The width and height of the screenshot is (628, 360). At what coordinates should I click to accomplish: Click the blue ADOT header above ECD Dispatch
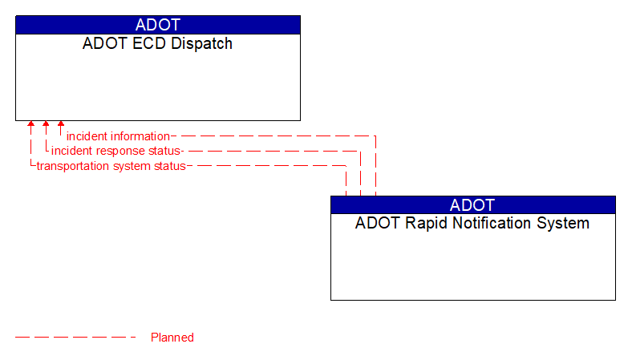(157, 25)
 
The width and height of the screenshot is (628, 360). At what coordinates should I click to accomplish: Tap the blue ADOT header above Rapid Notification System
(472, 204)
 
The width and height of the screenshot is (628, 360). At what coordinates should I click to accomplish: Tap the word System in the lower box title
(565, 223)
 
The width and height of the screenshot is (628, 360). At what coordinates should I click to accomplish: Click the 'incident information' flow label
(118, 136)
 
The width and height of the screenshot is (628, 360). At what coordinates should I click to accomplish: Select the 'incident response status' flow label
(117, 151)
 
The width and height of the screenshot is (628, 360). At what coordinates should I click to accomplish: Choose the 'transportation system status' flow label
(111, 166)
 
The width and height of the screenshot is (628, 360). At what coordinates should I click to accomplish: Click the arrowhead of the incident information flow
(61, 125)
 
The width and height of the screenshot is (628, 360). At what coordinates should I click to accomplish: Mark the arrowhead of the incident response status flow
(46, 125)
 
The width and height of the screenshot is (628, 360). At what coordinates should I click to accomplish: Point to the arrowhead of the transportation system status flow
(30, 125)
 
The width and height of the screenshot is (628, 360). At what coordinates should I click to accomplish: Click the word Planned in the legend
(172, 338)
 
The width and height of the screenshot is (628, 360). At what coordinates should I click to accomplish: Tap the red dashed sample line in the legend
(75, 338)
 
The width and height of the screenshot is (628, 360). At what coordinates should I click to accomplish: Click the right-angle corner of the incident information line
(375, 136)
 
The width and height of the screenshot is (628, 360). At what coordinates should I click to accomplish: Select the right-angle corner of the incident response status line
(360, 151)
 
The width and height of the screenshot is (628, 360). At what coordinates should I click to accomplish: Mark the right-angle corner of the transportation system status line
(346, 166)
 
